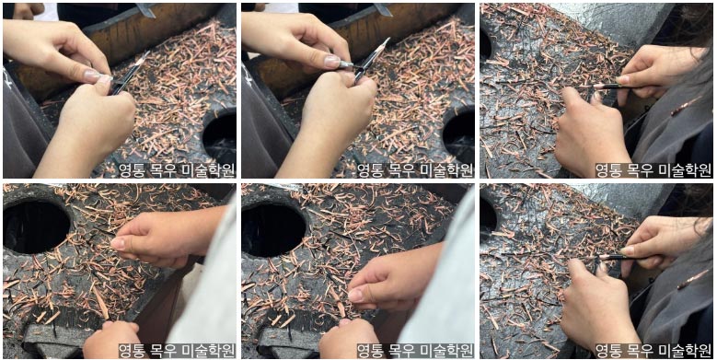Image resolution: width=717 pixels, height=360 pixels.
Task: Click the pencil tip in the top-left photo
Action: point(148,52)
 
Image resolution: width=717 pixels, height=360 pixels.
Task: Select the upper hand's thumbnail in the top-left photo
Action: point(94,75)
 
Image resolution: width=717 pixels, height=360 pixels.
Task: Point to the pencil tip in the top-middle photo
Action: point(387,40)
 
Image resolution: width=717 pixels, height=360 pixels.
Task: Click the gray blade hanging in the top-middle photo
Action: point(382,9)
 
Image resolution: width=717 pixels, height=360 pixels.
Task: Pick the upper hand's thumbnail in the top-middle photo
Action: point(332,61)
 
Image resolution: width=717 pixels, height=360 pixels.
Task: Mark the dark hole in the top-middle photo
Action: point(458,136)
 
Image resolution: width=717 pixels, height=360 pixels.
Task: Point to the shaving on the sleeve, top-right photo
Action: point(685,106)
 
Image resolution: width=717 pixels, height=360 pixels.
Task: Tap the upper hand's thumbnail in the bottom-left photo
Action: point(118,243)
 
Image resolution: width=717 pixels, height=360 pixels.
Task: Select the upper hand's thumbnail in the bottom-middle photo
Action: point(355,295)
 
